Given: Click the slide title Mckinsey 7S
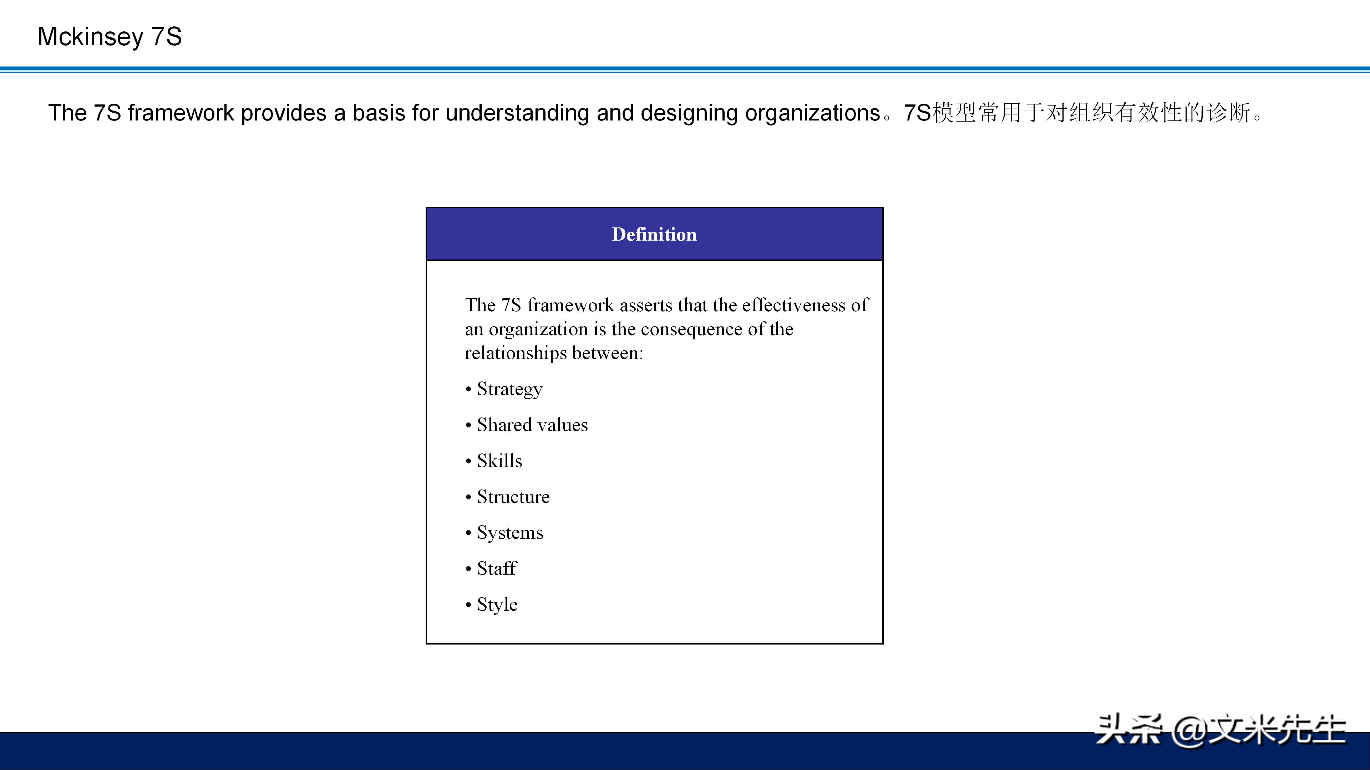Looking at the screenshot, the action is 110,37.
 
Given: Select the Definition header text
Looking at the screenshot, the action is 654,234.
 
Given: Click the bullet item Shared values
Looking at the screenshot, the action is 532,425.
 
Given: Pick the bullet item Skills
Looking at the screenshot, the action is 499,461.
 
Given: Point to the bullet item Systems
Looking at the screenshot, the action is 510,533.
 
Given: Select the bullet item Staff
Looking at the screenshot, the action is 496,568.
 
